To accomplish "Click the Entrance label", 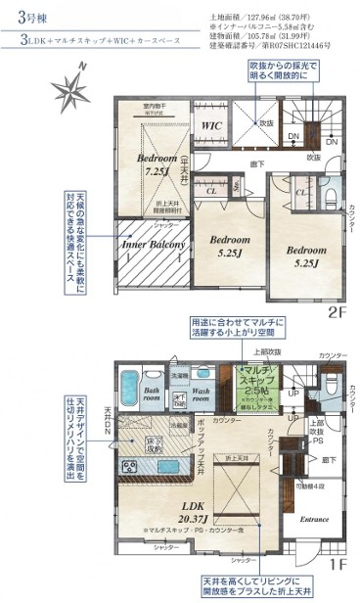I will tap(314, 519).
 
